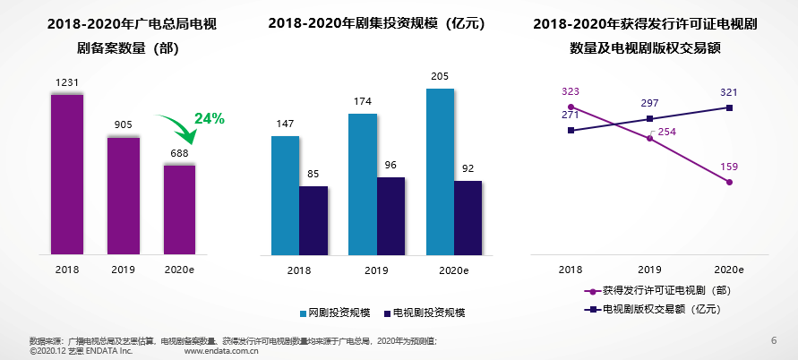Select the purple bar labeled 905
pyautogui.click(x=124, y=194)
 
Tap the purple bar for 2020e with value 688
pyautogui.click(x=179, y=209)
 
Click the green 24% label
pyautogui.click(x=210, y=118)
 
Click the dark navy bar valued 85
pyautogui.click(x=313, y=220)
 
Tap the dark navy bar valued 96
pyautogui.click(x=390, y=216)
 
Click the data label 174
pyautogui.click(x=362, y=101)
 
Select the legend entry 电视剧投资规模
pyautogui.click(x=421, y=313)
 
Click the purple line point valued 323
pyautogui.click(x=571, y=107)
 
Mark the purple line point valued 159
pyautogui.click(x=729, y=182)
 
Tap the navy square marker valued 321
pyautogui.click(x=729, y=107)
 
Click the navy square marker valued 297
pyautogui.click(x=650, y=119)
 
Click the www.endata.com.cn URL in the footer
pyautogui.click(x=221, y=352)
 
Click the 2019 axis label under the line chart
pyautogui.click(x=649, y=269)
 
